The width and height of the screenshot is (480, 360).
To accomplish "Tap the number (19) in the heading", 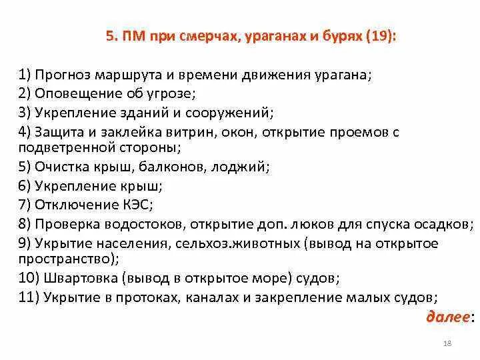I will point(377,37).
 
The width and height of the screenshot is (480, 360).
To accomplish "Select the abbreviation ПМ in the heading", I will point(133,37).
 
